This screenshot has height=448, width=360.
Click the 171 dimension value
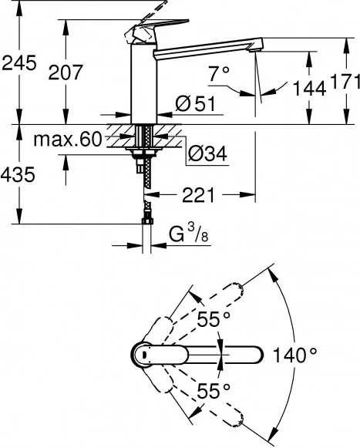point(341,80)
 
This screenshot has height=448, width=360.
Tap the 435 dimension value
point(19,175)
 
